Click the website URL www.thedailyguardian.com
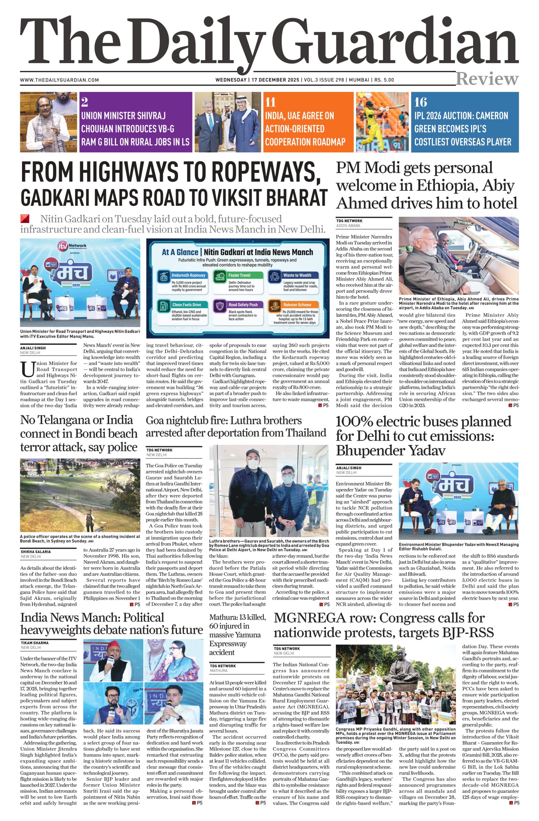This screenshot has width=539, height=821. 59,80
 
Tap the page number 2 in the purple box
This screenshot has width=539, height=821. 84,102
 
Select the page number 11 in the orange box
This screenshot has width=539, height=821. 270,102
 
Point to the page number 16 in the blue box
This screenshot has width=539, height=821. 420,102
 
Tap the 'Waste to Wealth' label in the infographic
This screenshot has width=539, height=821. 297,275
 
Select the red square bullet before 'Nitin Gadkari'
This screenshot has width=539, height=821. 24,218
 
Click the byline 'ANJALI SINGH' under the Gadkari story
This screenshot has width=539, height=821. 33,348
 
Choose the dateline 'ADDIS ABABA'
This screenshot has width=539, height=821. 348,225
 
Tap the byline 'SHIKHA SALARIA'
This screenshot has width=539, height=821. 36,552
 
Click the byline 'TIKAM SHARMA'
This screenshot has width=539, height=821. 35,643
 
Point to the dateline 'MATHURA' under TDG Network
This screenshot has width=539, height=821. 218,671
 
